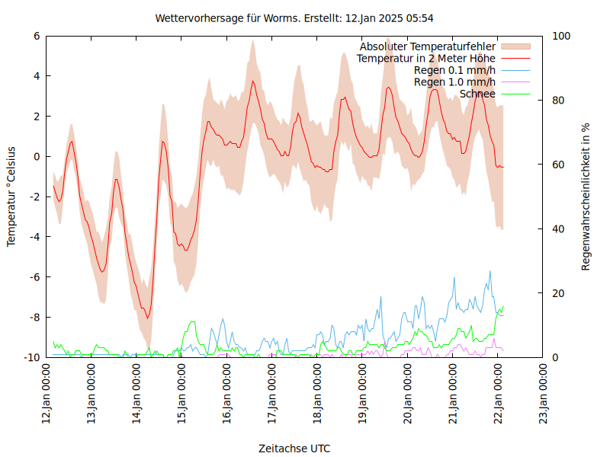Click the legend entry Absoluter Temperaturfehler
[x=427, y=46]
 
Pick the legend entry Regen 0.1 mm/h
[x=454, y=70]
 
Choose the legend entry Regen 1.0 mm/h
[x=454, y=82]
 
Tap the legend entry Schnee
[x=477, y=94]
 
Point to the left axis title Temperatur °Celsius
[x=11, y=196]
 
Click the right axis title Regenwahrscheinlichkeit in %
[x=586, y=197]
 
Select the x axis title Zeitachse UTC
[x=294, y=448]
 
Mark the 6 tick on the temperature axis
[x=37, y=36]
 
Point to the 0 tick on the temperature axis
[x=37, y=156]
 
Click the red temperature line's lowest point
[x=148, y=318]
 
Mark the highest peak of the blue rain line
[x=490, y=271]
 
